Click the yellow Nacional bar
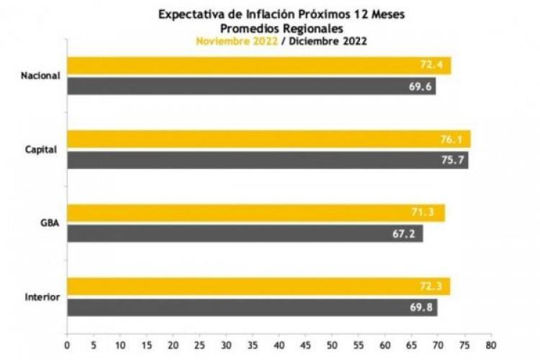click(x=252, y=66)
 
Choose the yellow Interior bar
click(x=252, y=287)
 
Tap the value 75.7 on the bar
click(x=451, y=161)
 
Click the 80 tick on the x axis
click(x=491, y=336)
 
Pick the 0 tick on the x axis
click(x=67, y=336)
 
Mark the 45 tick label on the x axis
click(x=305, y=336)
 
